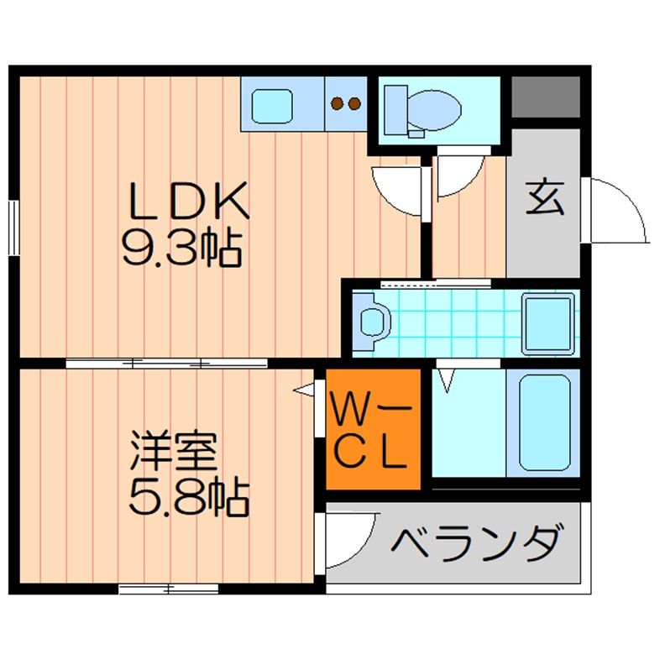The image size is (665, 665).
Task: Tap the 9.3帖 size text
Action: [182, 248]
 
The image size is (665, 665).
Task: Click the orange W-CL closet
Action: [372, 429]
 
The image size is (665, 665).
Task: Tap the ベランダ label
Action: [475, 543]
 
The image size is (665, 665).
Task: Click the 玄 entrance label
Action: [544, 199]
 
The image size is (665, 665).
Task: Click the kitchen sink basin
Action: [273, 106]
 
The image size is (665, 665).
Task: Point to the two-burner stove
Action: [345, 104]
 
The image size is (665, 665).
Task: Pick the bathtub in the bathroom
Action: [544, 423]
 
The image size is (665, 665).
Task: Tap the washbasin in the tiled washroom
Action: [371, 322]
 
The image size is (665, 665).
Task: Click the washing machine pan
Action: [548, 323]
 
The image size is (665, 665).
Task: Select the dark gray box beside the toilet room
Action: [545, 97]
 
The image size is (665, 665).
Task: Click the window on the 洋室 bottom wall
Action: [168, 589]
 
